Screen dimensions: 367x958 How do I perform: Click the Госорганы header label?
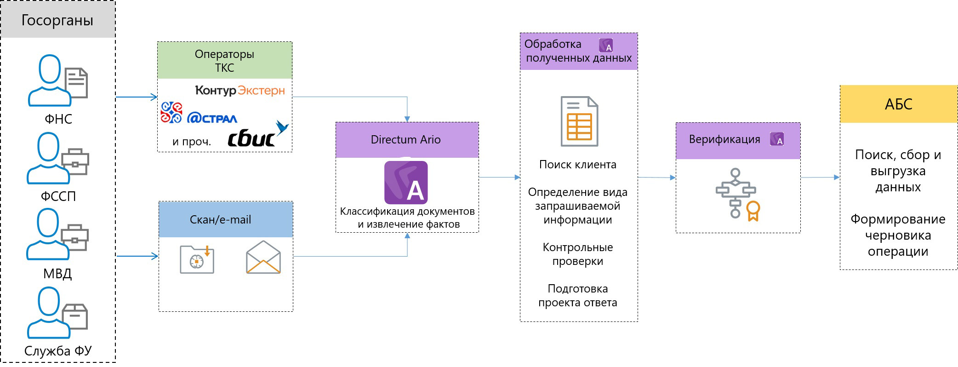57,20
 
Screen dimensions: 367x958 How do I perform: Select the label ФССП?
58,196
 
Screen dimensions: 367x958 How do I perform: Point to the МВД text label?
57,274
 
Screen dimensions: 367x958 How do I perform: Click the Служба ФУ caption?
58,351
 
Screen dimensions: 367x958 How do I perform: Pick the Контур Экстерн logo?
240,90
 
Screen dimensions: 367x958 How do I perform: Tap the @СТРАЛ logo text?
212,118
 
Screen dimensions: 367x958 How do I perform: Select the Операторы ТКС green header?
224,61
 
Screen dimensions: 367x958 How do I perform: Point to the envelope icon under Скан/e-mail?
263,258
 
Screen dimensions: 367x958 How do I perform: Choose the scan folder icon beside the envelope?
197,260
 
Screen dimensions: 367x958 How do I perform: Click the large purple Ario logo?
406,183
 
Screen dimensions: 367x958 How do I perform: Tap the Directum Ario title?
406,140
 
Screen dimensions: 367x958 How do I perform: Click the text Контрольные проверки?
578,254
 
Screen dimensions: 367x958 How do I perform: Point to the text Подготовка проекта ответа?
578,296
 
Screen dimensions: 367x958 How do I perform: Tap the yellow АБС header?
898,104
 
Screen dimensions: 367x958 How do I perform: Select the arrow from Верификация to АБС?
820,178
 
